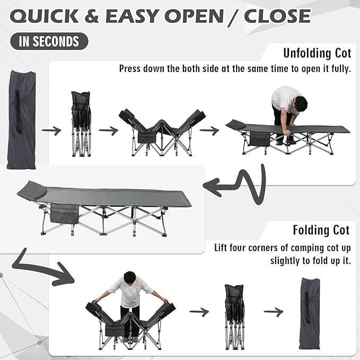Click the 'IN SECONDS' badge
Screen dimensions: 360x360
(49, 41)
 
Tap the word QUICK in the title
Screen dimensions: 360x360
(45, 16)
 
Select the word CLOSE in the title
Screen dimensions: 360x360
(277, 16)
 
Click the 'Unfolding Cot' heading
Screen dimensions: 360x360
(317, 53)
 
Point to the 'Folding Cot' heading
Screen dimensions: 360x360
(321, 230)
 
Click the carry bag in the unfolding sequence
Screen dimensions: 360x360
(21, 120)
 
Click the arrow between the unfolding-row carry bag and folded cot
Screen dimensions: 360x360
(51, 130)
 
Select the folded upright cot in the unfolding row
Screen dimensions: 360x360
(81, 124)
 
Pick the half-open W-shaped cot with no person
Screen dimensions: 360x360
(162, 133)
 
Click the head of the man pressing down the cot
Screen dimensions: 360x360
(300, 104)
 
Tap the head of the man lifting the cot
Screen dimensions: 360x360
(130, 278)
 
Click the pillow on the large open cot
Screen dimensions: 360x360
(33, 189)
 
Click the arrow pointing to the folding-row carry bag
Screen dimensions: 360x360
(273, 312)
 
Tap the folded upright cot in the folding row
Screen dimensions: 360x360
(234, 317)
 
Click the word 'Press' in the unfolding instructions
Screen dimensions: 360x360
(130, 68)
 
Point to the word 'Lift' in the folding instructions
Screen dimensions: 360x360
(221, 248)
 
